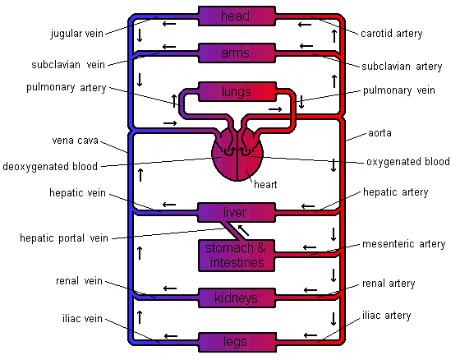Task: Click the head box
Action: pyautogui.click(x=237, y=16)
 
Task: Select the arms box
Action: pyautogui.click(x=237, y=53)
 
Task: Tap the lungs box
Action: pyautogui.click(x=237, y=92)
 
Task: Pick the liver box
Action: pyautogui.click(x=237, y=212)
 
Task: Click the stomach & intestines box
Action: pyautogui.click(x=237, y=256)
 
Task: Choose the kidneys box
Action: pyautogui.click(x=237, y=298)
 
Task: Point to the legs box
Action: pyautogui.click(x=237, y=342)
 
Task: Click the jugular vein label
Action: pyautogui.click(x=77, y=34)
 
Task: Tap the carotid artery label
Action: pyautogui.click(x=391, y=34)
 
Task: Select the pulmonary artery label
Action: pyautogui.click(x=67, y=87)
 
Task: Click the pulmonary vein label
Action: pyautogui.click(x=399, y=90)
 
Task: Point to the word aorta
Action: pyautogui.click(x=379, y=133)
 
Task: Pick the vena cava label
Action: pyautogui.click(x=75, y=141)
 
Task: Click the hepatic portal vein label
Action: pyautogui.click(x=64, y=238)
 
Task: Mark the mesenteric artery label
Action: pyautogui.click(x=403, y=244)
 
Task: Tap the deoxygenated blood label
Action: pyautogui.click(x=50, y=166)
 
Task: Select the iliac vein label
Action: pyautogui.click(x=82, y=318)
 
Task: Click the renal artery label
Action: pyautogui.click(x=389, y=284)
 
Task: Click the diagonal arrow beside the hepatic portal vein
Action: pyautogui.click(x=243, y=230)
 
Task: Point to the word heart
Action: pyautogui.click(x=265, y=184)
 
